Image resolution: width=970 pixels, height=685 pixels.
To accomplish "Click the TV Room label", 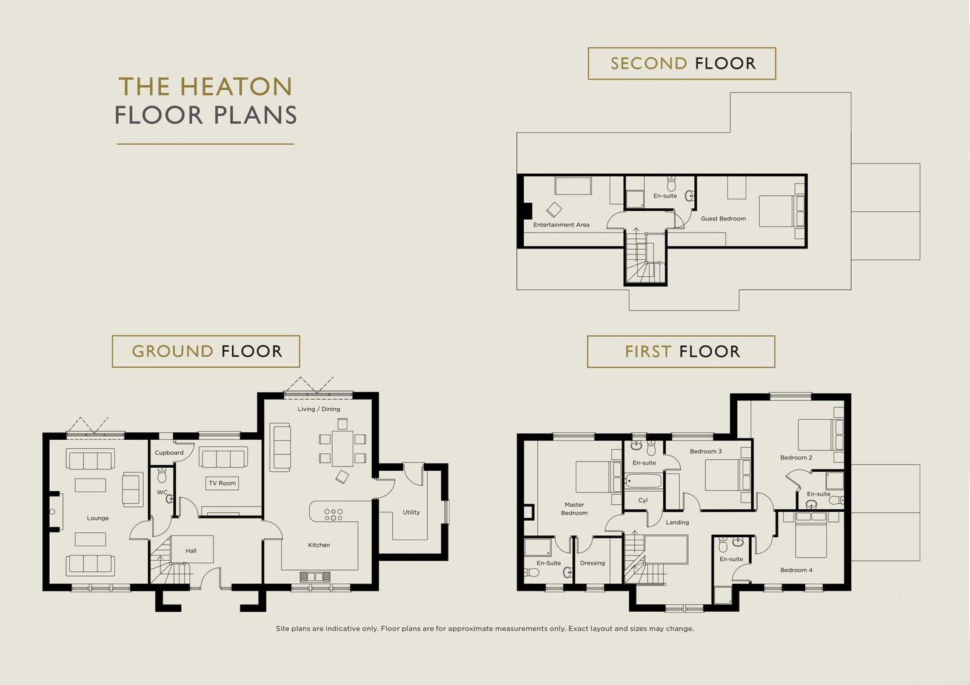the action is [x=222, y=483].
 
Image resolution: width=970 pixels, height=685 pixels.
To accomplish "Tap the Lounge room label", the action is [x=98, y=518].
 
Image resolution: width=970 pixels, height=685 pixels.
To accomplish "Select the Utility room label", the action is [x=411, y=512].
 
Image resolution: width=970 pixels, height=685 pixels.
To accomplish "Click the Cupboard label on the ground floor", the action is [x=169, y=452].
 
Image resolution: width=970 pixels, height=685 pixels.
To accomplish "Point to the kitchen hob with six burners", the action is [x=333, y=515].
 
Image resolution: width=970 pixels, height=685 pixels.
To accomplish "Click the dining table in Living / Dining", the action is [x=343, y=448].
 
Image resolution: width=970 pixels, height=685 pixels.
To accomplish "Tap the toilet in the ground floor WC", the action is [x=162, y=475].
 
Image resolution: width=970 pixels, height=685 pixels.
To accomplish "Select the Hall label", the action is [x=191, y=551].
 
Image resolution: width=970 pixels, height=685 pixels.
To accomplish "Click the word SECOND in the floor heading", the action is [x=649, y=64].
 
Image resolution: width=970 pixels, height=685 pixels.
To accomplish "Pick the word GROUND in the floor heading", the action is [x=172, y=351].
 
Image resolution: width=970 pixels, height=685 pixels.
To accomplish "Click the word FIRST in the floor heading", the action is [x=648, y=352].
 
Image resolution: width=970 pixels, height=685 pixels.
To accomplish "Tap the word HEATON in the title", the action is [x=236, y=87].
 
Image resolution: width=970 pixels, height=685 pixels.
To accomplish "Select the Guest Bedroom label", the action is [x=723, y=219].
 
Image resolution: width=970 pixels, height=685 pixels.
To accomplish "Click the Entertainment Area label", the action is [x=561, y=225].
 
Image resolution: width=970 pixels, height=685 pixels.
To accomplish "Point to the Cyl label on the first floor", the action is [x=643, y=500].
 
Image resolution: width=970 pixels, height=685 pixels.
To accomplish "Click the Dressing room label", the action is [x=592, y=563].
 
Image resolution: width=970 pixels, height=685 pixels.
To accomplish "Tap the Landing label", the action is [x=677, y=522].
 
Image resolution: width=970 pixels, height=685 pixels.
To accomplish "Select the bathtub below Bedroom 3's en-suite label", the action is [x=643, y=481].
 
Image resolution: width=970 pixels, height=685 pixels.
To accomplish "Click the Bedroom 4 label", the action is [x=797, y=570].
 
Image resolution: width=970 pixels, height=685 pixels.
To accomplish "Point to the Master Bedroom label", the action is [x=574, y=509].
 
